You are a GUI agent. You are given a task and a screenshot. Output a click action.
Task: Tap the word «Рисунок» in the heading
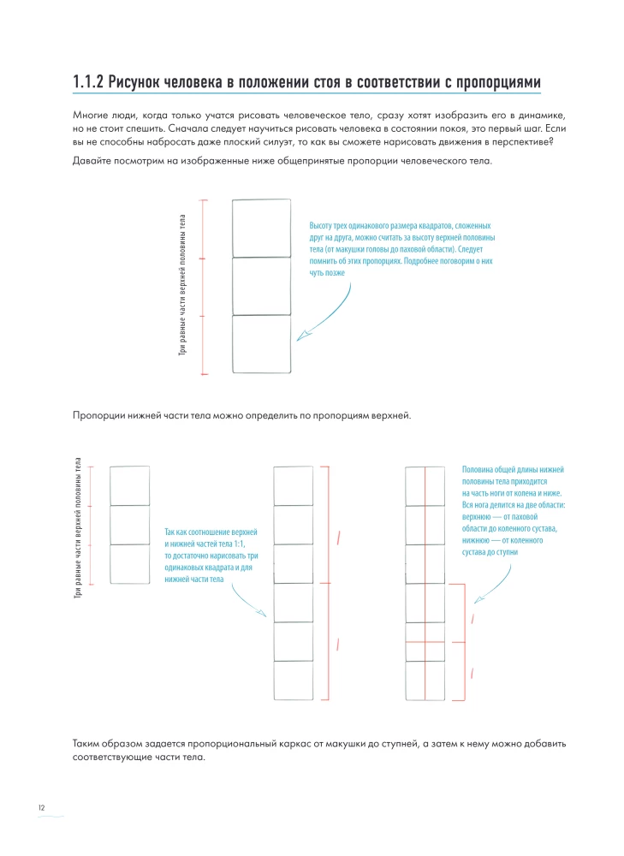(141, 82)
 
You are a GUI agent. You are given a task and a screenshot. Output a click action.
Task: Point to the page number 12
(41, 807)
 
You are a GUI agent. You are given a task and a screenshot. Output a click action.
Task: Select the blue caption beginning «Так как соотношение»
(211, 556)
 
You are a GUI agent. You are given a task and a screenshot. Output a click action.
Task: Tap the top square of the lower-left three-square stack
(129, 485)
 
